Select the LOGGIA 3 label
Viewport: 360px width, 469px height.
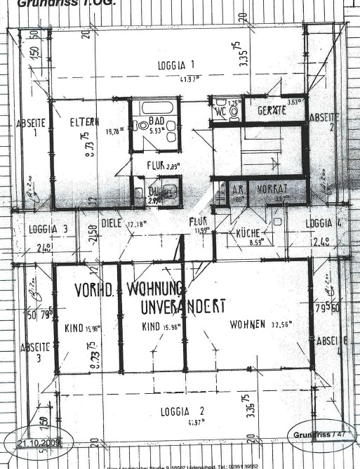(x=48, y=229)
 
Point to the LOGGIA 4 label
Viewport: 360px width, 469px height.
(x=324, y=223)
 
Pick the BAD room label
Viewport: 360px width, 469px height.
(x=157, y=121)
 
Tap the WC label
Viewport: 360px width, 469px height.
(x=221, y=111)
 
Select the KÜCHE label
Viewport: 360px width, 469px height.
(x=248, y=234)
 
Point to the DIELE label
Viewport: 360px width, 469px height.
(x=112, y=225)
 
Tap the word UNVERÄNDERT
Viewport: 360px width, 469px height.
(x=182, y=307)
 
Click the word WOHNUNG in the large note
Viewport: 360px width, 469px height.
(x=155, y=289)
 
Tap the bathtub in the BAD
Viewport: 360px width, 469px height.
(x=154, y=107)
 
